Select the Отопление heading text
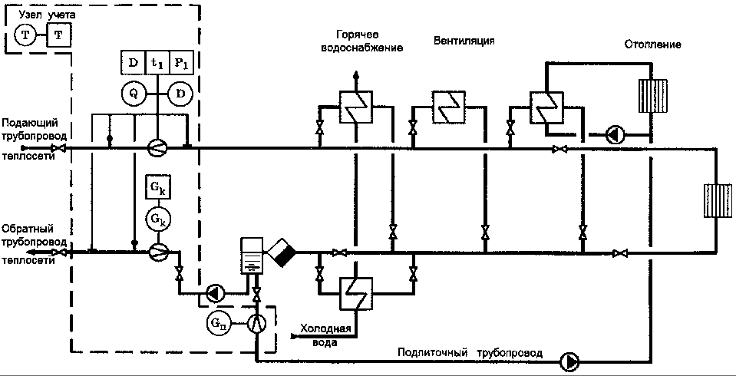point(652,45)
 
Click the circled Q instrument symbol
point(133,94)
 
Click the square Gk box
point(157,187)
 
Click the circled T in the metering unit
point(25,35)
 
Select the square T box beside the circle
point(58,35)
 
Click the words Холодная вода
point(325,335)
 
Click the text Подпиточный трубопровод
point(470,354)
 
